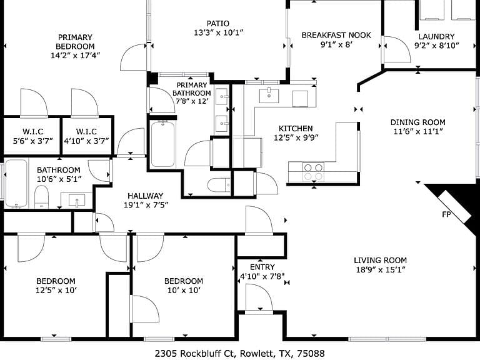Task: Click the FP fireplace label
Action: coord(446,214)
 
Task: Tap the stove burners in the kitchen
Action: coord(314,172)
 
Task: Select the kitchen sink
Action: coord(269,96)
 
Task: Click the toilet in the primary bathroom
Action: coord(219,185)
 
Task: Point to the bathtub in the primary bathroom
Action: coord(163,144)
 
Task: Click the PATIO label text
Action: coord(217,24)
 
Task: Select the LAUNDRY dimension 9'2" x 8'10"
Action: coord(437,46)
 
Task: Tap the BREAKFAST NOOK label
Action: coord(336,35)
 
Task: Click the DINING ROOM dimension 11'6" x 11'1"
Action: coord(418,131)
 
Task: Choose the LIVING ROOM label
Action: coord(381,261)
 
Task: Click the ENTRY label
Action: coord(262,267)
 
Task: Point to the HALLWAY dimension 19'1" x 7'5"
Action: coord(146,205)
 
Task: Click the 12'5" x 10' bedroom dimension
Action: coord(56,290)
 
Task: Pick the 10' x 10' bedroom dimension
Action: coord(184,290)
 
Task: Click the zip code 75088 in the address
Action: coord(313,354)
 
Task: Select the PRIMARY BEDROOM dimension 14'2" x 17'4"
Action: coord(75,56)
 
